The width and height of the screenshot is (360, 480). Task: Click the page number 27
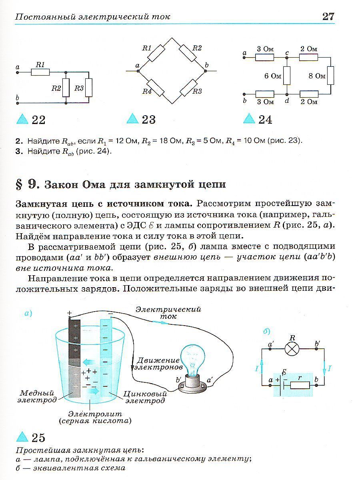[328, 16]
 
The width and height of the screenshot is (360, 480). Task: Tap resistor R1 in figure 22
[40, 72]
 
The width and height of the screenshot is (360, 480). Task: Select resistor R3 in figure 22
[89, 88]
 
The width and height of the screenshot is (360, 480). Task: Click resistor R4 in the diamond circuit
[155, 88]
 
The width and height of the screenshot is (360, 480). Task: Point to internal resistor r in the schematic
[300, 386]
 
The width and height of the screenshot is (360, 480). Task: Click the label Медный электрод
[37, 396]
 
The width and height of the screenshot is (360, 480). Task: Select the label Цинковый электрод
[144, 397]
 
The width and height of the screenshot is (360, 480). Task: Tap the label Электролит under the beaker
[95, 414]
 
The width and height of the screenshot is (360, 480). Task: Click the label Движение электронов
[158, 363]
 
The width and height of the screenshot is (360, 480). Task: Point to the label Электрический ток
[168, 312]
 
